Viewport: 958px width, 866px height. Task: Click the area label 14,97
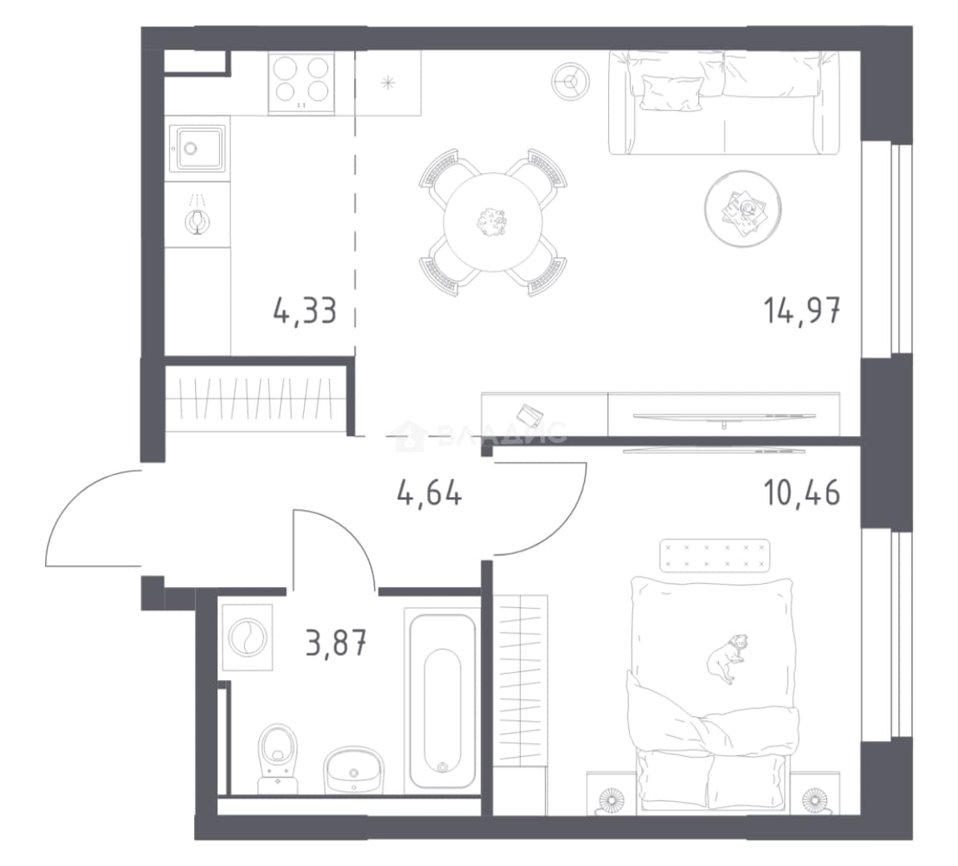click(802, 310)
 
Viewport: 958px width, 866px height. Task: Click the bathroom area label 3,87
click(336, 643)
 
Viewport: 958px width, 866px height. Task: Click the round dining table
click(493, 222)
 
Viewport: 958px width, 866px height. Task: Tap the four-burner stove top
click(301, 83)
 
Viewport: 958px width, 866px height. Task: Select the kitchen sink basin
click(197, 148)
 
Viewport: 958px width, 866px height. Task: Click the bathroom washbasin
click(354, 769)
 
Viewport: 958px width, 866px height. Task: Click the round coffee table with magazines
click(742, 208)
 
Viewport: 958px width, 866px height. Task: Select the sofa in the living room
click(724, 102)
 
